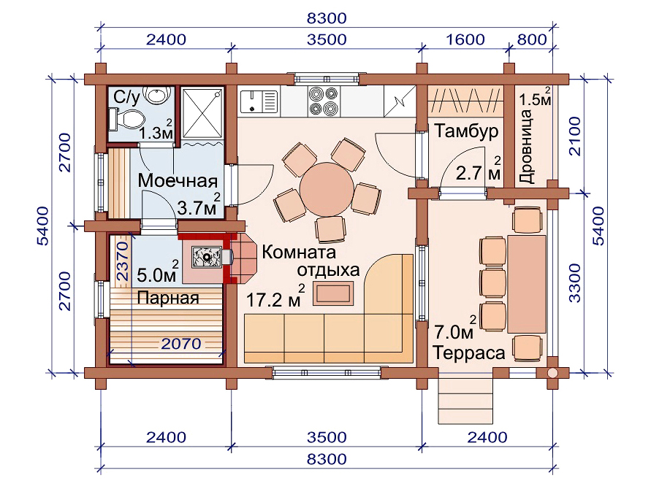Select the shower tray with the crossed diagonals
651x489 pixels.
202,112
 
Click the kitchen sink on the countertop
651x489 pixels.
258,101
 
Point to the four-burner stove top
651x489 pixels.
324,101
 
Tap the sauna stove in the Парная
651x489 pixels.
206,257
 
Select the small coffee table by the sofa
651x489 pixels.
333,293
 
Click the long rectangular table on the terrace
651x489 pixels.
527,284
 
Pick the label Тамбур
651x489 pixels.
467,131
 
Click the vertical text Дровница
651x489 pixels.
527,147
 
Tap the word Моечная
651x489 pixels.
178,181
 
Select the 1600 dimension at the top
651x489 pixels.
465,39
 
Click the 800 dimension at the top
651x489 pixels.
532,39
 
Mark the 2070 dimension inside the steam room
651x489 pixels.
181,344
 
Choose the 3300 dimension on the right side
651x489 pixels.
575,283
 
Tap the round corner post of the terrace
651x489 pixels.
552,373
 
